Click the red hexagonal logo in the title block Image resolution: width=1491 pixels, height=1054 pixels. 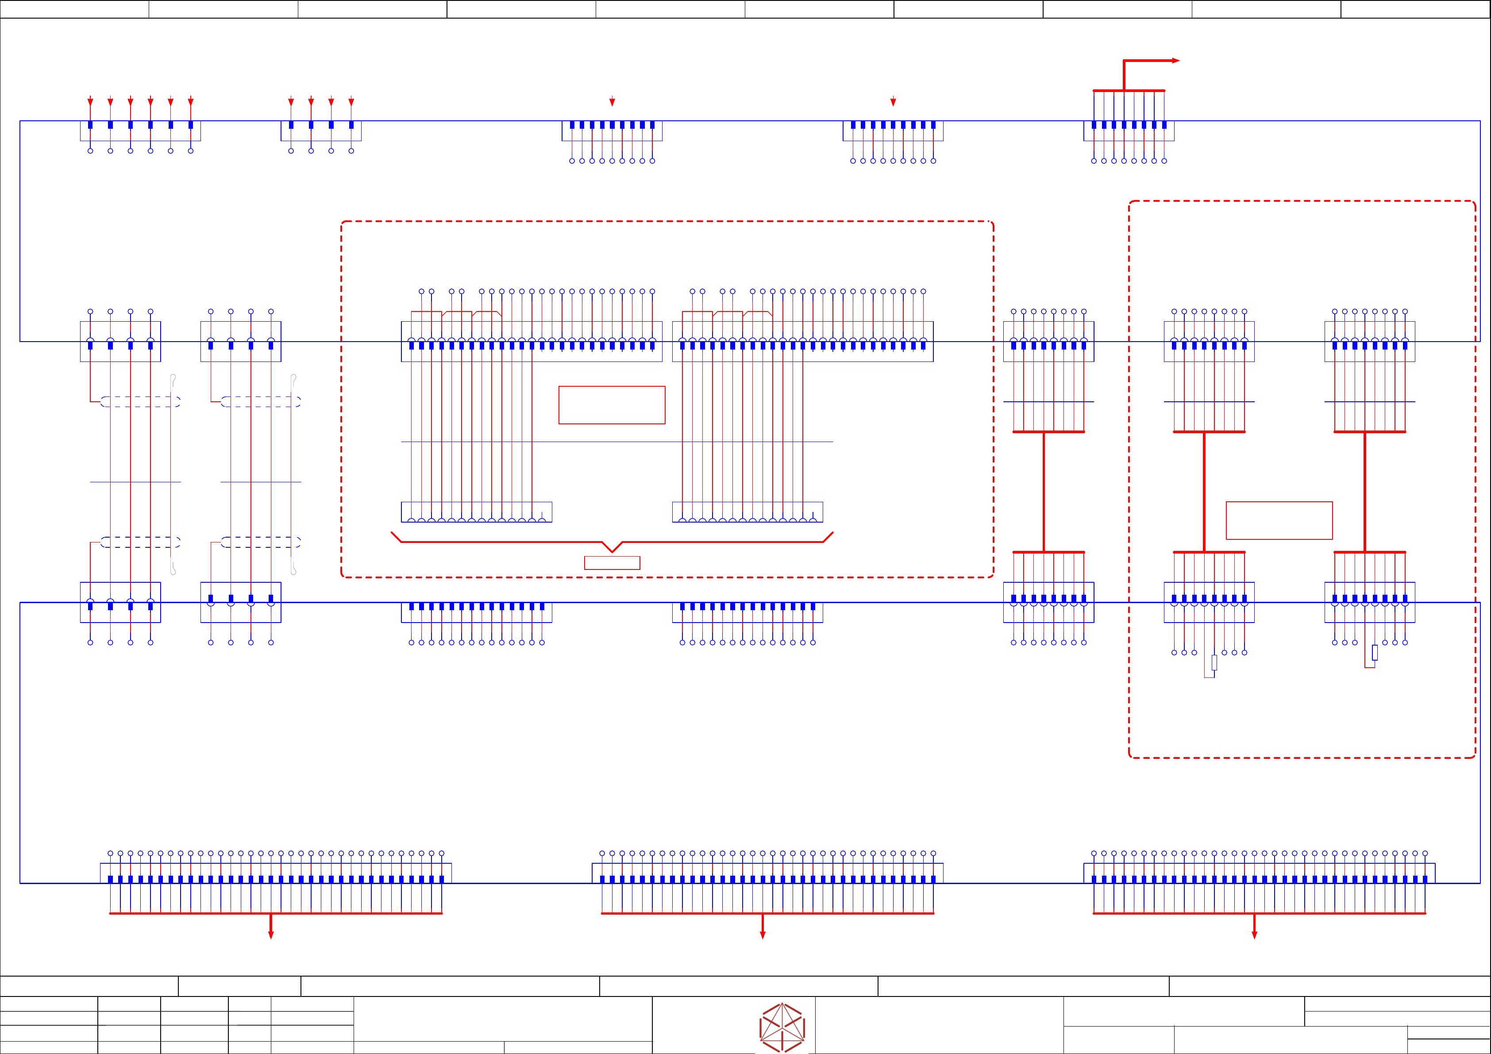[x=782, y=1027]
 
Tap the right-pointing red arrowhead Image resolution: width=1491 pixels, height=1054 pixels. [x=1175, y=60]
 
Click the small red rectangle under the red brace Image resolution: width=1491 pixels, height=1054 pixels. [x=612, y=562]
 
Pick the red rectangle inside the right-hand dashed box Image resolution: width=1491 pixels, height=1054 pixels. [x=1279, y=520]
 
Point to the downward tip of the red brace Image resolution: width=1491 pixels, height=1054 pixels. [x=612, y=551]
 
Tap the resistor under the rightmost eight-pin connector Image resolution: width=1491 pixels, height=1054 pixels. [x=1375, y=652]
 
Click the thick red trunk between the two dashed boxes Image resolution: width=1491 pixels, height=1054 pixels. [x=1044, y=492]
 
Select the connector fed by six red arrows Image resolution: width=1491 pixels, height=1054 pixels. [x=140, y=131]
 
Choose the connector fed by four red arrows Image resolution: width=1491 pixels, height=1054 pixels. [x=321, y=131]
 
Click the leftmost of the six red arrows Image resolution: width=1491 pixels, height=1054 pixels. [x=90, y=101]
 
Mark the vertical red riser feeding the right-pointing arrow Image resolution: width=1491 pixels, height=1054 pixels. [x=1124, y=75]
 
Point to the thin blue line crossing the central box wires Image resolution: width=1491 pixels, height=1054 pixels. [x=617, y=442]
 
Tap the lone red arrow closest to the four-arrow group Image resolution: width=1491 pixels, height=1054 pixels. [x=612, y=101]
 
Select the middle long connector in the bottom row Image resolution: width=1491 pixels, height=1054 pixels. [x=767, y=873]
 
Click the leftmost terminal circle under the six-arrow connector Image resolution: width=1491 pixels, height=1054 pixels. [x=90, y=150]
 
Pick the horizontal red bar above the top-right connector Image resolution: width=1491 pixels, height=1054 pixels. [x=1129, y=90]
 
